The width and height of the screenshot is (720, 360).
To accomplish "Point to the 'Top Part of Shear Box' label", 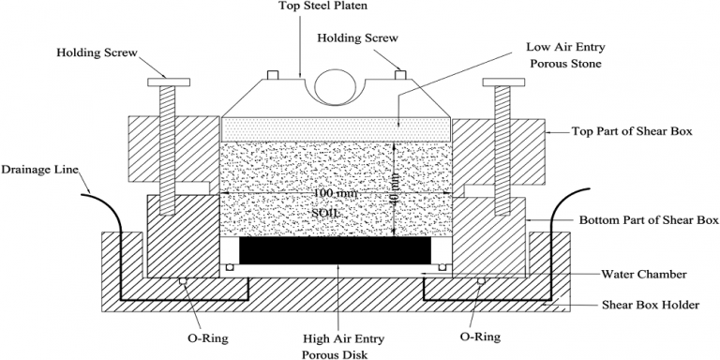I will tap(633, 131).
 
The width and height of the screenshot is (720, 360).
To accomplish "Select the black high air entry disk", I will tap(337, 249).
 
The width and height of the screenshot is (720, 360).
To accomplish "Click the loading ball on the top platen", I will tap(337, 87).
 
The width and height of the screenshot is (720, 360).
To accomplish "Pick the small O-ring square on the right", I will tap(481, 280).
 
